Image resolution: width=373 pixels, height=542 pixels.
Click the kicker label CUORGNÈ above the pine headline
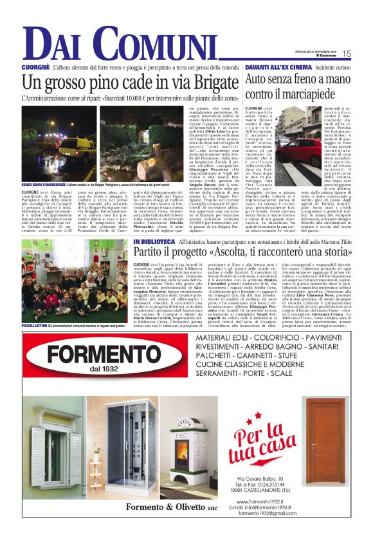pyautogui.click(x=36, y=67)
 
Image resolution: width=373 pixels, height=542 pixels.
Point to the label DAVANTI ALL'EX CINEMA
pyautogui.click(x=277, y=67)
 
